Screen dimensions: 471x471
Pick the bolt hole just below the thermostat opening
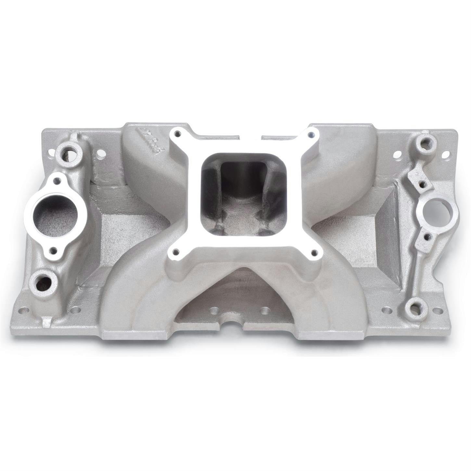click(52, 250)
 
